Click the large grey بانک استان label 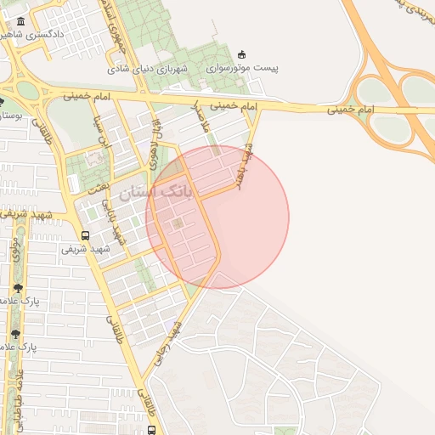156,193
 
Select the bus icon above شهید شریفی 84,235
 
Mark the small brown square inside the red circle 178,223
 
